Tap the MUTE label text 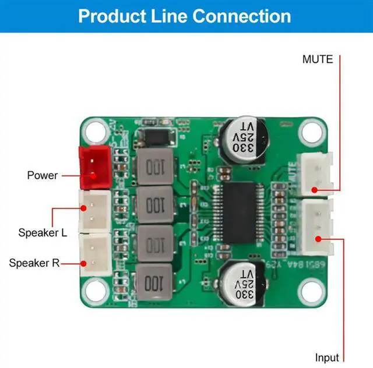(318, 59)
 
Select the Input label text (327, 356)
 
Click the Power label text (43, 175)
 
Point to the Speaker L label (43, 232)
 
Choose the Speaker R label (34, 263)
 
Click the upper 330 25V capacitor (246, 139)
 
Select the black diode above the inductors (156, 137)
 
